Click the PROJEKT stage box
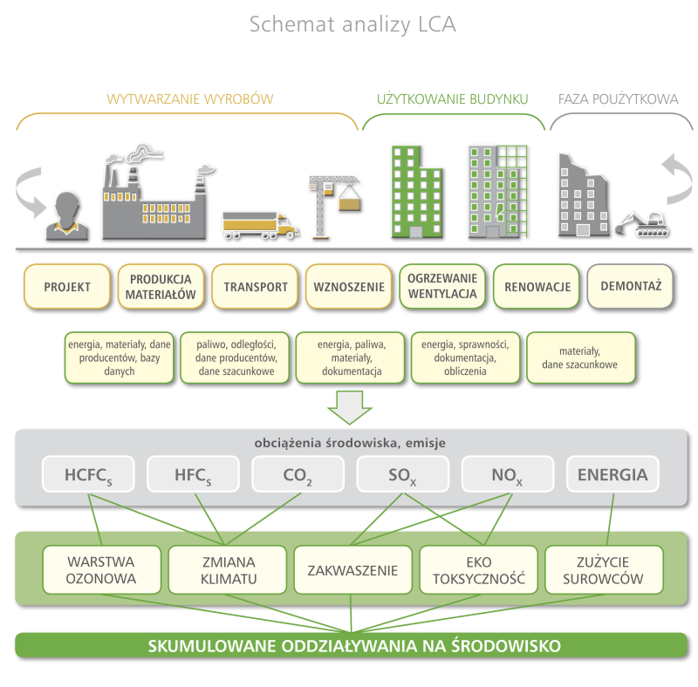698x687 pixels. click(67, 287)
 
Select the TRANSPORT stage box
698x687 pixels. click(256, 287)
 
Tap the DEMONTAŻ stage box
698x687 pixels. click(631, 286)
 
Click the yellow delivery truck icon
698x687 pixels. click(259, 225)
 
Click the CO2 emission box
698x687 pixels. click(298, 475)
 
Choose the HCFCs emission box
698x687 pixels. click(88, 475)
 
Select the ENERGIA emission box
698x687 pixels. click(612, 475)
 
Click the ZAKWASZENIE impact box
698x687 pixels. click(352, 571)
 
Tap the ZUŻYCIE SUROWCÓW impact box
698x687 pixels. click(604, 571)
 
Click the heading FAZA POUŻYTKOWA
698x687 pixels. click(618, 99)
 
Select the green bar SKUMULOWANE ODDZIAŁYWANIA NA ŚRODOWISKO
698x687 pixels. click(352, 646)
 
